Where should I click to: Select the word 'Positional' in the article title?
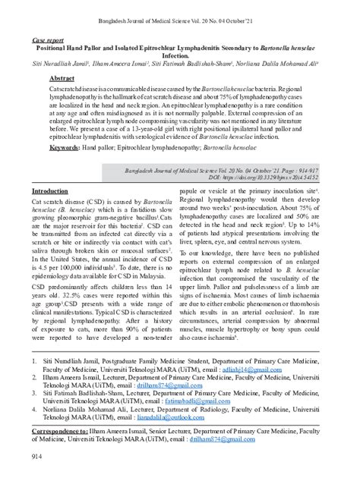coord(58,47)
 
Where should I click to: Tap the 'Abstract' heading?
coord(62,80)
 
